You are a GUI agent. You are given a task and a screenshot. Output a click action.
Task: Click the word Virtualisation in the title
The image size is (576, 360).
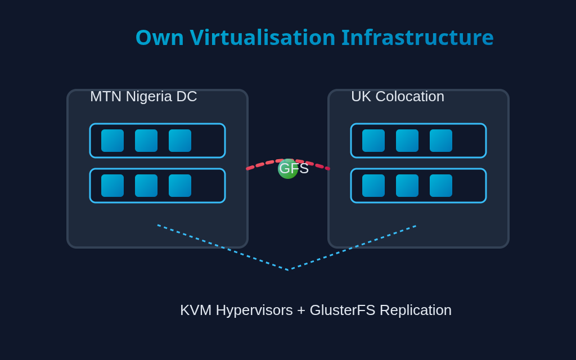(x=262, y=38)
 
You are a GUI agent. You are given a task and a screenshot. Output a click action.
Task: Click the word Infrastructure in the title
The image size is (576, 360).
(x=417, y=38)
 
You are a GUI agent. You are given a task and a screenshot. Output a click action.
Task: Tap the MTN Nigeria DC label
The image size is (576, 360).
(x=143, y=96)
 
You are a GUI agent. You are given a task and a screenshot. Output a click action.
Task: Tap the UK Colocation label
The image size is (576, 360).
(x=397, y=96)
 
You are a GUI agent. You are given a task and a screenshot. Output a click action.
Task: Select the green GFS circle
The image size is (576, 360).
(x=287, y=169)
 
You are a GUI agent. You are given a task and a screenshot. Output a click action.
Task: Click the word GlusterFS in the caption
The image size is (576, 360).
(x=342, y=310)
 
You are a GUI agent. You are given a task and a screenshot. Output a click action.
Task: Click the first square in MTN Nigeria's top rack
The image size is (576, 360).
(x=112, y=141)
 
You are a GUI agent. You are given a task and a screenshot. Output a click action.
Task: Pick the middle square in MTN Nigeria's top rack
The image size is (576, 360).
(x=146, y=141)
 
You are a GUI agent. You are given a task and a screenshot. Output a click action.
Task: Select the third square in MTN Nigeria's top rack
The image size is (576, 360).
(x=180, y=141)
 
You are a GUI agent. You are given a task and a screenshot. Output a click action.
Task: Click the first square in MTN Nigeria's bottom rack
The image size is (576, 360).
(x=112, y=186)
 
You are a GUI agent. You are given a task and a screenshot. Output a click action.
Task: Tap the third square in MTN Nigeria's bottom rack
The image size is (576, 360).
(x=180, y=186)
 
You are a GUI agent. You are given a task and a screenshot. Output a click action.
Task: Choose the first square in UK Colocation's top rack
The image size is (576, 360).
(x=373, y=141)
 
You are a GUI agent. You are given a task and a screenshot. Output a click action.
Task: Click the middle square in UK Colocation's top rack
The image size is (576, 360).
(x=407, y=141)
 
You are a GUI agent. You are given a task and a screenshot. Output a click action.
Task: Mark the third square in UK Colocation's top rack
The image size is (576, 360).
(x=441, y=141)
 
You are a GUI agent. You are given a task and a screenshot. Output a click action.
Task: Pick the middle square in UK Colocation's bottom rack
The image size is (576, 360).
(x=407, y=186)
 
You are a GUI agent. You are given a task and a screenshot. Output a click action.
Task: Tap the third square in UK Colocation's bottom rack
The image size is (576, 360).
(x=441, y=186)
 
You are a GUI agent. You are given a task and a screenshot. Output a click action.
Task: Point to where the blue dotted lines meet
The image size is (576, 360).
(x=288, y=270)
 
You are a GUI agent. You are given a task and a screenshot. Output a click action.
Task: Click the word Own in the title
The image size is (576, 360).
(x=159, y=38)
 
